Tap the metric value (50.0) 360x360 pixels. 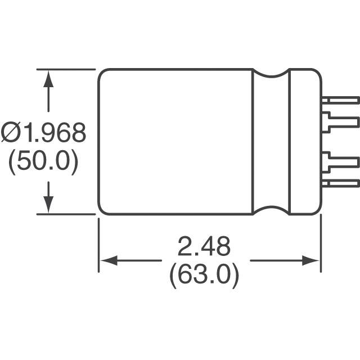tap(42, 162)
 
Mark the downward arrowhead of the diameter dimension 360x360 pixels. tap(49, 205)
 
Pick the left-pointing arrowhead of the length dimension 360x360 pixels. tap(107, 261)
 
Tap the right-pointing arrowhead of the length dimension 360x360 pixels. tap(311, 261)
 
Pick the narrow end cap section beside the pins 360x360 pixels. tap(304, 141)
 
